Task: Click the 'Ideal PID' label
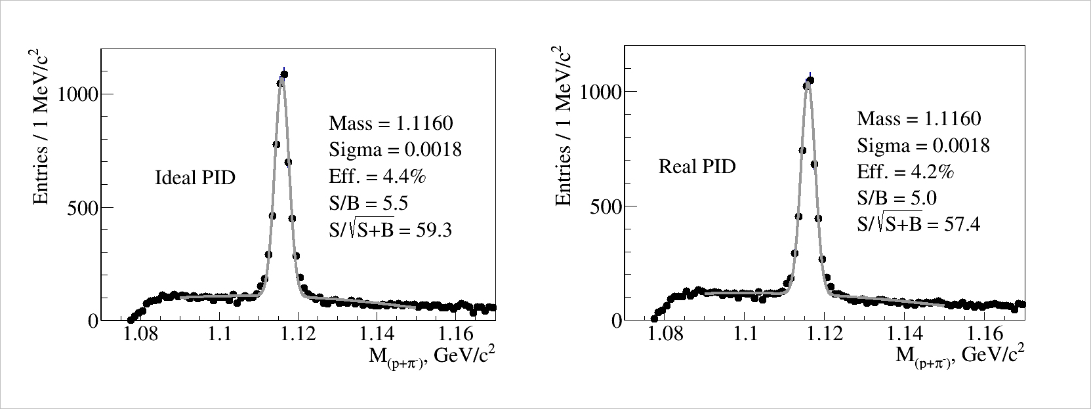click(x=195, y=178)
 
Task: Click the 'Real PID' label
click(x=697, y=166)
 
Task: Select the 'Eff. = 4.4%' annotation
click(x=379, y=176)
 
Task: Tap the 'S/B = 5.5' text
click(x=368, y=203)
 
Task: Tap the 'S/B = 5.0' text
click(x=896, y=198)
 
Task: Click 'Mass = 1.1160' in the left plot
click(x=391, y=123)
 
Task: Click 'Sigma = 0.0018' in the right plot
click(x=923, y=145)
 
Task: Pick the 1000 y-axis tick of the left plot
click(x=77, y=94)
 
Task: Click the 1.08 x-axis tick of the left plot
click(x=140, y=334)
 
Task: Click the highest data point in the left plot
click(x=284, y=74)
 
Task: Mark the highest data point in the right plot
click(x=810, y=80)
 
